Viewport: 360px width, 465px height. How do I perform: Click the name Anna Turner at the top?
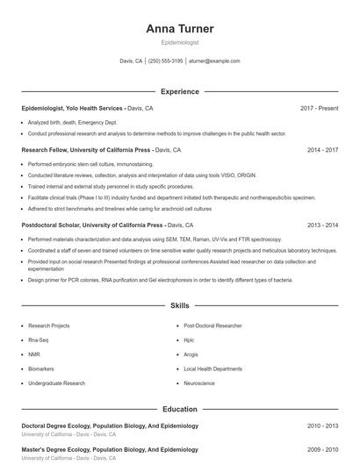click(179, 28)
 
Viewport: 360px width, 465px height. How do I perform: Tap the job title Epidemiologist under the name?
click(179, 42)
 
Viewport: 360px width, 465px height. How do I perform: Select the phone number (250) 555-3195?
click(165, 61)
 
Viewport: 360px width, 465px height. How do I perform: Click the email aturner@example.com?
click(214, 61)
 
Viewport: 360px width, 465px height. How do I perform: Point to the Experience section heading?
click(179, 91)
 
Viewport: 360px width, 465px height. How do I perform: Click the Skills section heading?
click(179, 306)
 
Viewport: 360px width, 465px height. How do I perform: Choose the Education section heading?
click(179, 409)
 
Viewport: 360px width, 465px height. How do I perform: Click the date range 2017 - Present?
click(319, 108)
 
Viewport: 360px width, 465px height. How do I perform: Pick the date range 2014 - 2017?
click(322, 150)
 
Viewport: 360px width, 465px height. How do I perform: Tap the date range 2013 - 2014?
click(322, 225)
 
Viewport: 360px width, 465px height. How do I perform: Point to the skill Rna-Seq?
click(39, 340)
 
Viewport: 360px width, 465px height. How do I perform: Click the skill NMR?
click(34, 354)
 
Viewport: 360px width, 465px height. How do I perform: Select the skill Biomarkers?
click(41, 368)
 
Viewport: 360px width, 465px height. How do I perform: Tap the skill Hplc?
click(189, 340)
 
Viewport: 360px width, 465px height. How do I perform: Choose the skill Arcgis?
click(191, 354)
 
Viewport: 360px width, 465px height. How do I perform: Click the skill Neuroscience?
click(199, 383)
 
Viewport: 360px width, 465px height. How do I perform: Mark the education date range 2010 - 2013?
click(322, 426)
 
